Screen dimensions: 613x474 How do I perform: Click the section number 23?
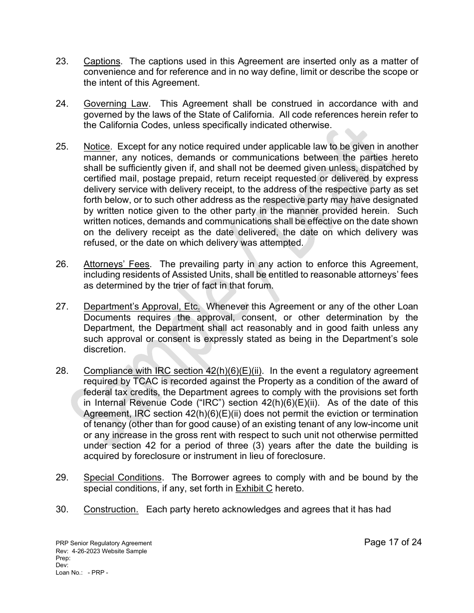[62, 61]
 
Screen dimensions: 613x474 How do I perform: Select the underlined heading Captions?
[102, 61]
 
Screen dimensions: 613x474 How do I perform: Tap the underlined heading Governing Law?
[116, 104]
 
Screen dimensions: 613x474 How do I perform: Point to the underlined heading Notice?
[96, 147]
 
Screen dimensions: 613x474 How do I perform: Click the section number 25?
[62, 147]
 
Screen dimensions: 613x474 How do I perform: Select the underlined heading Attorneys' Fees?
[116, 264]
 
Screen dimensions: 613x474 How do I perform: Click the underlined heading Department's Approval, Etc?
[142, 306]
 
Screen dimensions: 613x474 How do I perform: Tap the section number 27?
[62, 306]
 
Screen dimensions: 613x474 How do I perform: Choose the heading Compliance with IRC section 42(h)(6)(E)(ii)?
[174, 371]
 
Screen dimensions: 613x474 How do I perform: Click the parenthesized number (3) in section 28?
[259, 446]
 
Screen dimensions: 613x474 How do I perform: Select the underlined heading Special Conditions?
[123, 477]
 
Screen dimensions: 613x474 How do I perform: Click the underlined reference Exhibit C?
[253, 488]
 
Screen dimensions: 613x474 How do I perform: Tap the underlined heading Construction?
[111, 509]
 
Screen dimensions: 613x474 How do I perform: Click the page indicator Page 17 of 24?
[393, 542]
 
